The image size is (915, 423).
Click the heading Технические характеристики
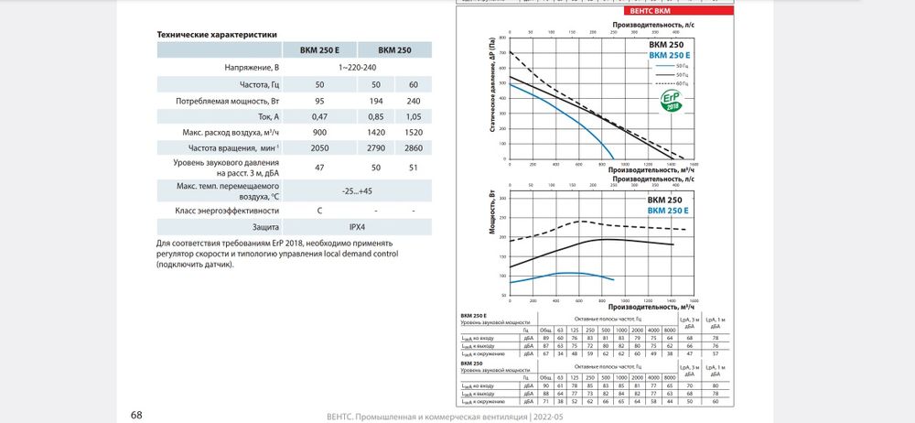click(216, 34)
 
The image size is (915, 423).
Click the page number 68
click(136, 415)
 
